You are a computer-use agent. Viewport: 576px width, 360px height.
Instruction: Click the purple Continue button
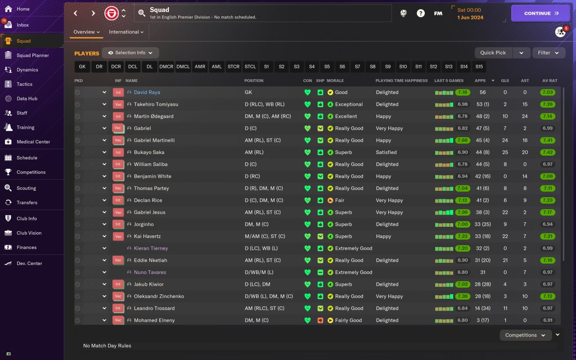click(x=540, y=13)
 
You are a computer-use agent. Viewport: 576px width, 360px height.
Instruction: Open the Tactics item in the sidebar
click(x=24, y=84)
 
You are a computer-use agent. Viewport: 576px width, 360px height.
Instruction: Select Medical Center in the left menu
click(x=33, y=142)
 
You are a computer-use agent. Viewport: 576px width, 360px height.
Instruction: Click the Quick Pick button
click(x=493, y=53)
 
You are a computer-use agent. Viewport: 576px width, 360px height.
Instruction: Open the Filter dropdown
click(x=549, y=53)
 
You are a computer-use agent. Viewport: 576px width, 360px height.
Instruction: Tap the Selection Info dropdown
click(x=130, y=53)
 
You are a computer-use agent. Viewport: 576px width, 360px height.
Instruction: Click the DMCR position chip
click(x=166, y=67)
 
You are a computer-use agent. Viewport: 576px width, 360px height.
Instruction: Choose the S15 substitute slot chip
click(x=479, y=67)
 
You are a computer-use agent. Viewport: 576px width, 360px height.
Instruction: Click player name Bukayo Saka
click(x=148, y=152)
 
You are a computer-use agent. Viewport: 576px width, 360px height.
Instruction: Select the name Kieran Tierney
click(x=151, y=248)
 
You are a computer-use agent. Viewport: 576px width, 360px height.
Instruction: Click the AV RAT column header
click(x=549, y=81)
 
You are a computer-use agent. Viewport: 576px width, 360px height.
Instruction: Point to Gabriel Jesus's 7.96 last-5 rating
click(x=462, y=212)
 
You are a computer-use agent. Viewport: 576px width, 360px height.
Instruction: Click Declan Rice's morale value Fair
click(x=340, y=200)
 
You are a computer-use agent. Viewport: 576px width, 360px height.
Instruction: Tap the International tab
click(x=126, y=32)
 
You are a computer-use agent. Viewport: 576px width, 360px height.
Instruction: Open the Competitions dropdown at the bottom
click(x=525, y=335)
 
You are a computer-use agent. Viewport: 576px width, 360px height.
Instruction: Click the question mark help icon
click(x=420, y=13)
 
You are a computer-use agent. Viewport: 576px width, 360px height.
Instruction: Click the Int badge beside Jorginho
click(x=118, y=224)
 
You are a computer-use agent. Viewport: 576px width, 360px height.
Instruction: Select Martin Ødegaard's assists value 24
click(x=525, y=116)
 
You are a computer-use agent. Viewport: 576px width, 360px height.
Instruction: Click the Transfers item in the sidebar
click(x=27, y=202)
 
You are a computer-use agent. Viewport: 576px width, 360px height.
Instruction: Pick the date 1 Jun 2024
click(x=470, y=18)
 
